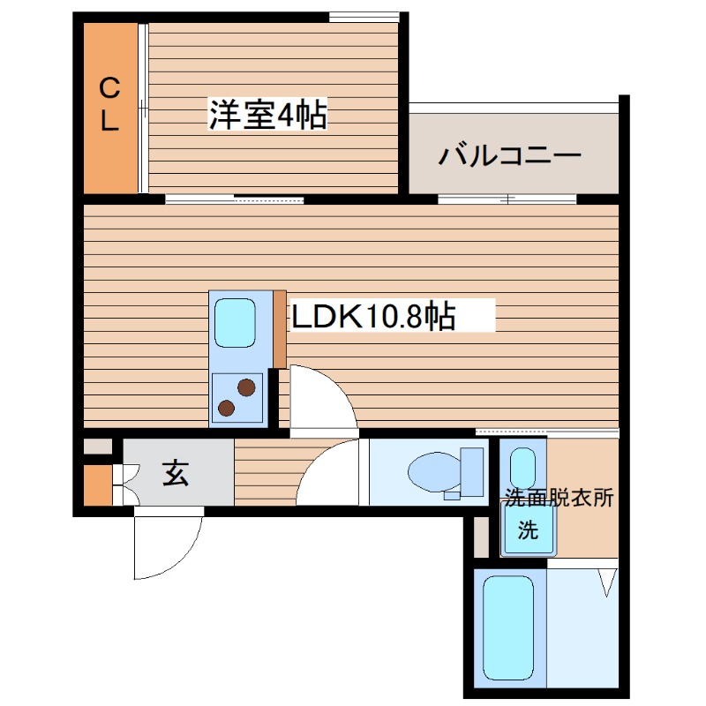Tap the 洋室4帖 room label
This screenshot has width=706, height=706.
pyautogui.click(x=267, y=115)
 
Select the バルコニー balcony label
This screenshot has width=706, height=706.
pyautogui.click(x=510, y=156)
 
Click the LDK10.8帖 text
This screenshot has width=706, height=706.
pyautogui.click(x=374, y=315)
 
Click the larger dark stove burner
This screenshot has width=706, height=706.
pyautogui.click(x=246, y=387)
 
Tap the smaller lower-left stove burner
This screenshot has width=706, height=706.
pyautogui.click(x=227, y=408)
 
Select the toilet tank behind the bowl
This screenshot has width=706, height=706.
pyautogui.click(x=472, y=471)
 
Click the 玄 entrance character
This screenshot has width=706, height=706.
pyautogui.click(x=174, y=475)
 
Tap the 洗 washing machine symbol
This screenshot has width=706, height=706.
pyautogui.click(x=526, y=530)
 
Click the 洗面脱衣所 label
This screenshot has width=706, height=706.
pyautogui.click(x=558, y=497)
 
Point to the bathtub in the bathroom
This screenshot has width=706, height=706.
pyautogui.click(x=509, y=627)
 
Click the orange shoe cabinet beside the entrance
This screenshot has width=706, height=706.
pyautogui.click(x=97, y=484)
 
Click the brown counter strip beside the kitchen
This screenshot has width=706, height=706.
pyautogui.click(x=280, y=328)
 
